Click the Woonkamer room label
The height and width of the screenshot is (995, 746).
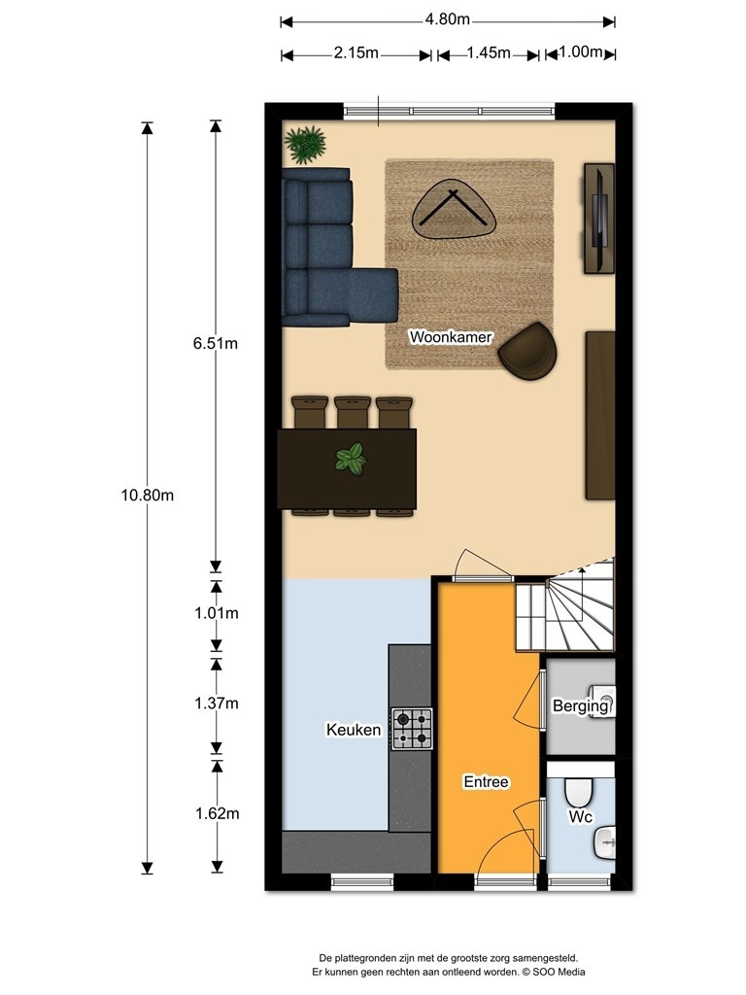pyautogui.click(x=451, y=337)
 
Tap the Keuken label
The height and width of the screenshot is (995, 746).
pyautogui.click(x=354, y=730)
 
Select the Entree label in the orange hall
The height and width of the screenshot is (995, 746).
pyautogui.click(x=486, y=782)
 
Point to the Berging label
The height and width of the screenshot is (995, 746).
pyautogui.click(x=580, y=705)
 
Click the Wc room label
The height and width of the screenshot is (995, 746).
pyautogui.click(x=580, y=816)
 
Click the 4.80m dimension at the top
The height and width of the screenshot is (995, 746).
pyautogui.click(x=447, y=19)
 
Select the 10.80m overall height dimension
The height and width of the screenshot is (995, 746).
pyautogui.click(x=148, y=496)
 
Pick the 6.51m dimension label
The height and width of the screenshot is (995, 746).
pyautogui.click(x=216, y=343)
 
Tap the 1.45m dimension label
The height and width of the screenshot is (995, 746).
pyautogui.click(x=489, y=52)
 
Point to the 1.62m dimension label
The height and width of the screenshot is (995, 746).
pyautogui.click(x=217, y=813)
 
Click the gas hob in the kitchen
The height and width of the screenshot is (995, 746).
pyautogui.click(x=412, y=729)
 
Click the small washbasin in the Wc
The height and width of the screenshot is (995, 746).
pyautogui.click(x=604, y=842)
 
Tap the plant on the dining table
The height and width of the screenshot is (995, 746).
pyautogui.click(x=351, y=459)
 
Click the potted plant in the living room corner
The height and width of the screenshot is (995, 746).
pyautogui.click(x=306, y=144)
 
